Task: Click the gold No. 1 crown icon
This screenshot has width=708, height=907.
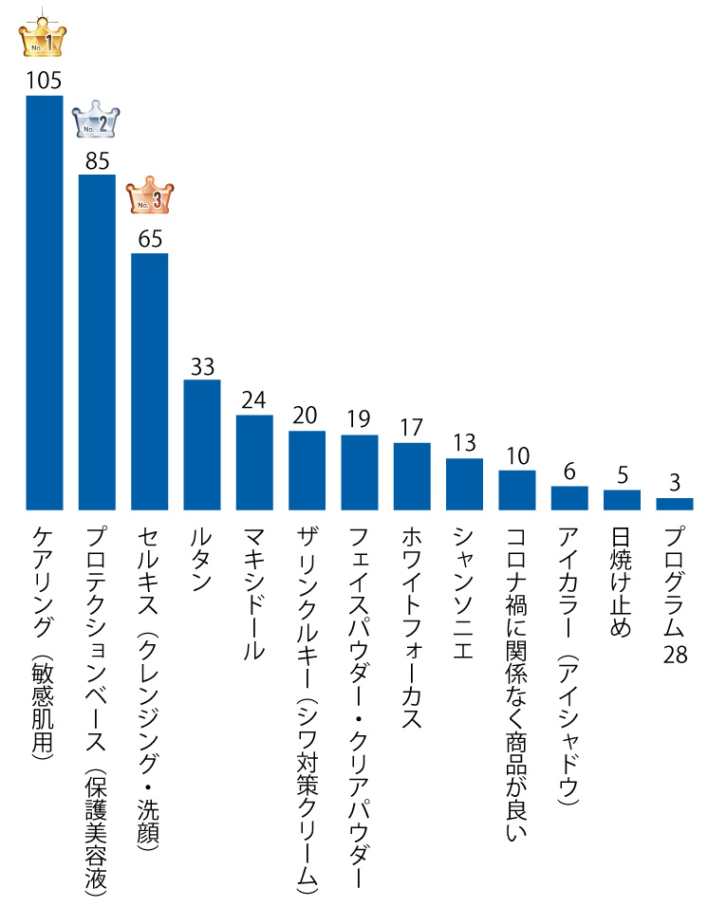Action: [43, 38]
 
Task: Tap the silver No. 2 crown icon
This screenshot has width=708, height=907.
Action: [96, 120]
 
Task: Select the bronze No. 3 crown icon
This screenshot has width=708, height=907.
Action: [150, 196]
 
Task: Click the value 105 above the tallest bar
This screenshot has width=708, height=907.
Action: [44, 80]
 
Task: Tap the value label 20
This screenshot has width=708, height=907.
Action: [307, 416]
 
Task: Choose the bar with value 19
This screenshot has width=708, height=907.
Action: [360, 472]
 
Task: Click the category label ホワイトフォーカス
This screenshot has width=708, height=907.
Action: [411, 626]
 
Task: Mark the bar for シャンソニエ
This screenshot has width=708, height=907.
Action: [464, 484]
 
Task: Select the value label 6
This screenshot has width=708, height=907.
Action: [569, 472]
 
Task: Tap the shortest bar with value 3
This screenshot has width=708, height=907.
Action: [675, 504]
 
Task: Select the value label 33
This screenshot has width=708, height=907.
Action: [202, 366]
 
